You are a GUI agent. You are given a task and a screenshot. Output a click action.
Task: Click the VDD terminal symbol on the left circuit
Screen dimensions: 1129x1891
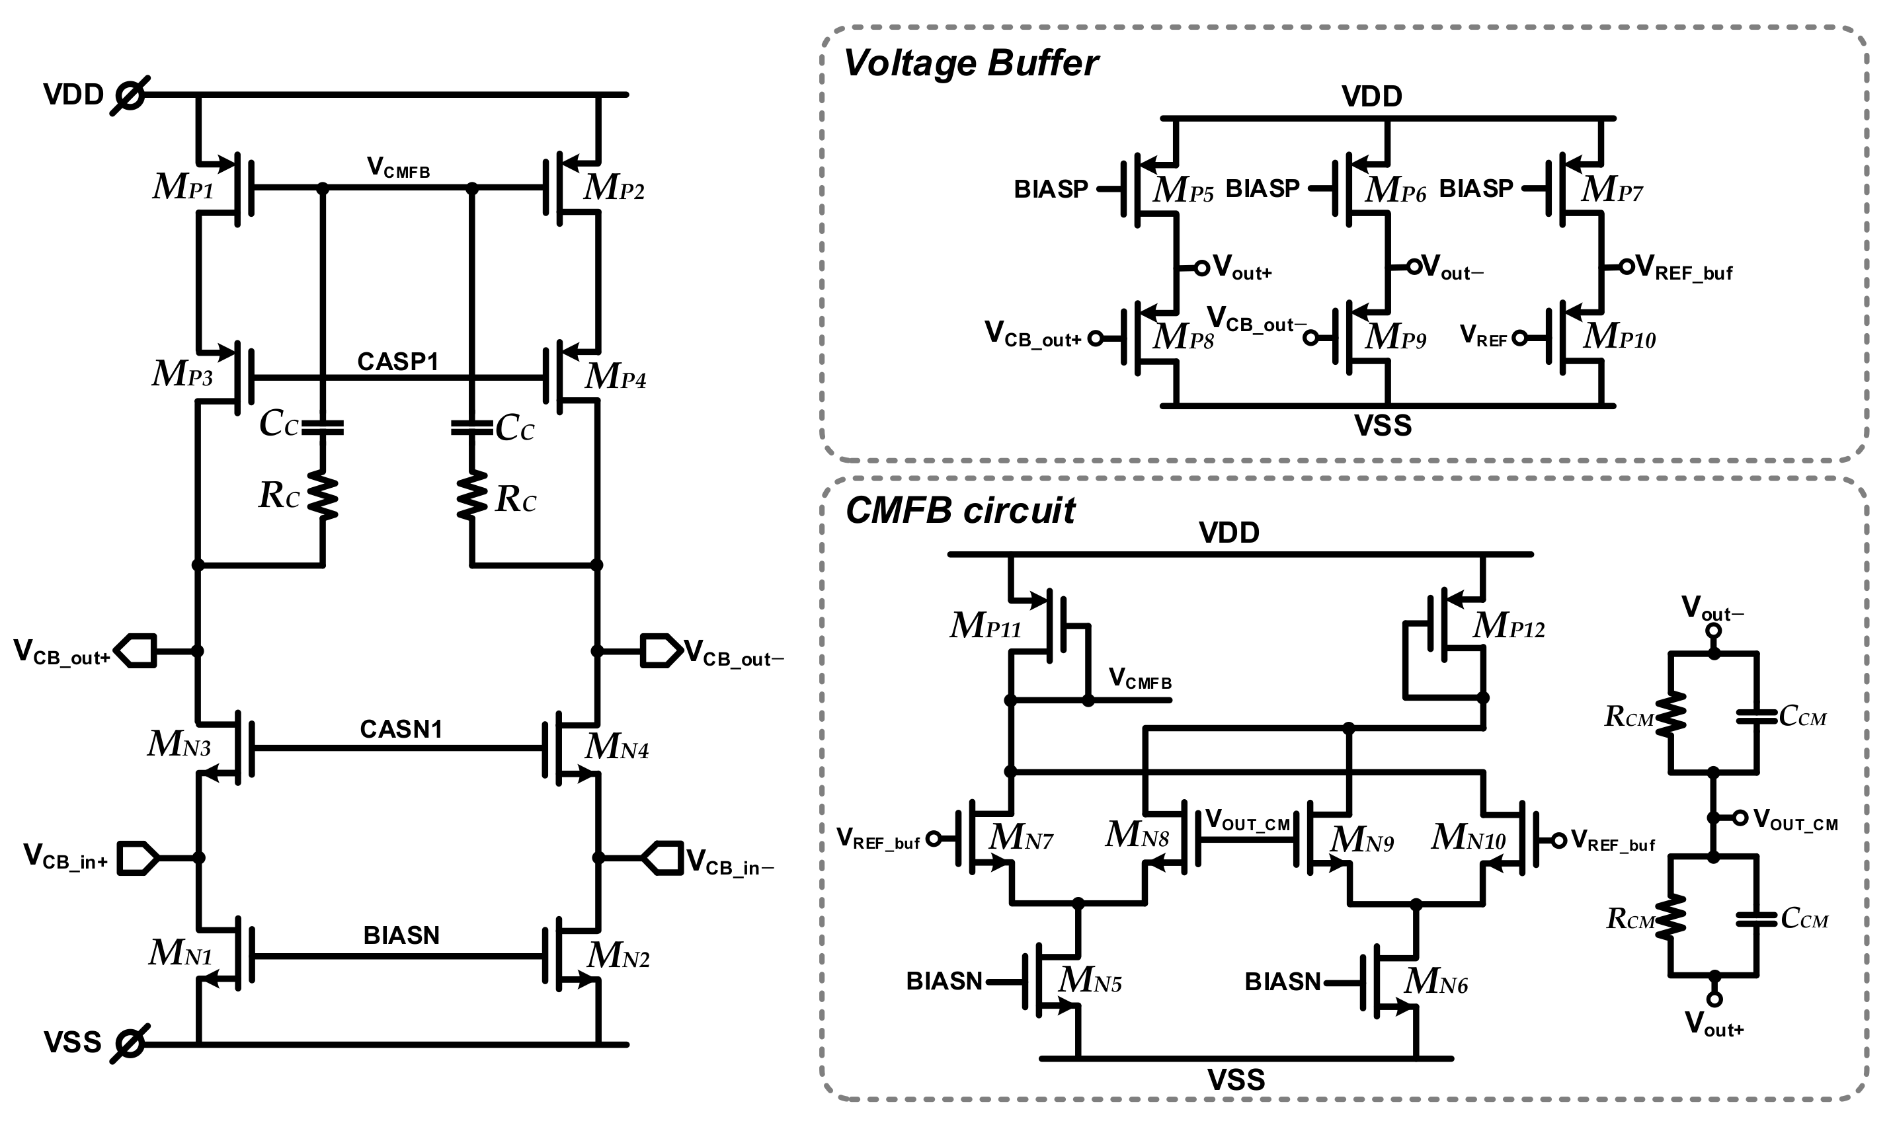tap(130, 95)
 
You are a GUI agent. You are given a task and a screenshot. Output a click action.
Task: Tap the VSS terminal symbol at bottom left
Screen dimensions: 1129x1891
tap(130, 1043)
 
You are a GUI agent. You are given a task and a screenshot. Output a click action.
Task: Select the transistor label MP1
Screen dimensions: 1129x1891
tap(183, 187)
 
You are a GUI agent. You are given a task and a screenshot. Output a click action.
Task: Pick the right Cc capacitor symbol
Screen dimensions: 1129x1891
tap(472, 428)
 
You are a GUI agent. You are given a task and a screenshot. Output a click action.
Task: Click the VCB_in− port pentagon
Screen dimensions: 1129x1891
tap(662, 857)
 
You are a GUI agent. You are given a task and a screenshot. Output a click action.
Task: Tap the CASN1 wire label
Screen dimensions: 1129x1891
tap(401, 730)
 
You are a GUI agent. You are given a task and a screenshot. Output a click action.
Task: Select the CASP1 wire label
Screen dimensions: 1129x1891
tap(398, 362)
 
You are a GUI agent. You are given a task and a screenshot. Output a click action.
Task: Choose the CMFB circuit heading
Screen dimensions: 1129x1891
tap(960, 510)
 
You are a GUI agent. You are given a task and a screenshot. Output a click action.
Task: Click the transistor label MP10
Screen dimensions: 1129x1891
tap(1619, 337)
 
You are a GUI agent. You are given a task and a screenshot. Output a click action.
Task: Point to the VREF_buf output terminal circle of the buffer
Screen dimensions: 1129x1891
tap(1626, 266)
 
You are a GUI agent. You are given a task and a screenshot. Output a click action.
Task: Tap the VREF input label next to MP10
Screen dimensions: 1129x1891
tap(1483, 336)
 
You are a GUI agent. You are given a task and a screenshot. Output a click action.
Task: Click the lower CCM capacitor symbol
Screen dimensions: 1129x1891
tap(1756, 919)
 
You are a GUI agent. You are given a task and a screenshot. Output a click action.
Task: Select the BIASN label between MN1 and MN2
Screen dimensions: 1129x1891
tap(401, 935)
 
